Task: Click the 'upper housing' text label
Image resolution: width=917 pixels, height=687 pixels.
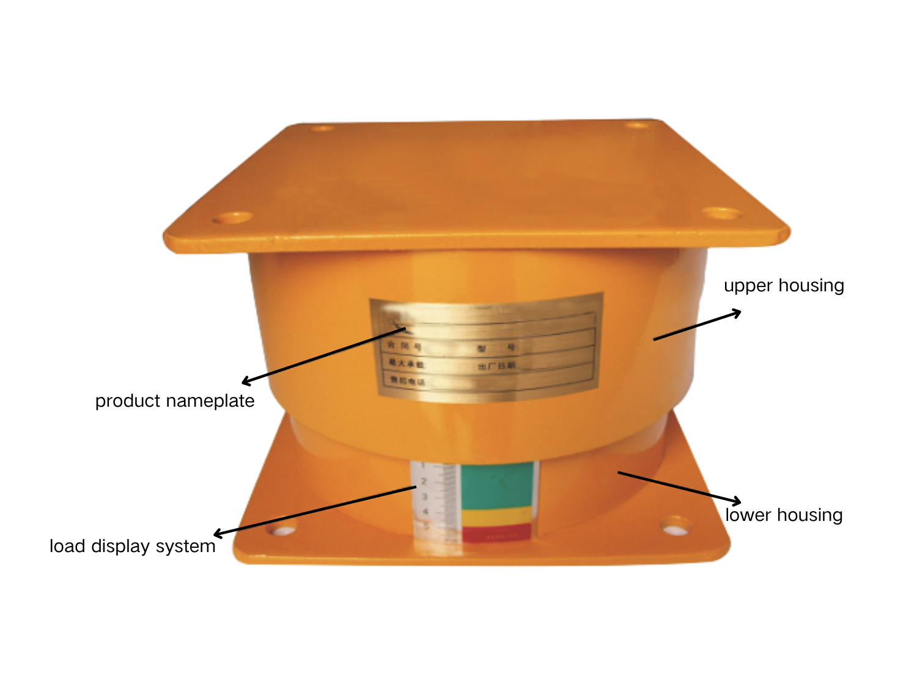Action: tap(784, 286)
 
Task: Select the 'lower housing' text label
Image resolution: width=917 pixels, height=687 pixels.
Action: tap(784, 515)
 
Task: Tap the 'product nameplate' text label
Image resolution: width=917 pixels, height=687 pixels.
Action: tap(175, 401)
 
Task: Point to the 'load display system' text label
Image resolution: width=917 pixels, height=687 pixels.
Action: tap(133, 546)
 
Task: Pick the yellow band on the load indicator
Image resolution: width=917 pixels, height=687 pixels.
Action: tap(496, 517)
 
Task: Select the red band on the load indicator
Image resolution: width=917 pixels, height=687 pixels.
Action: tap(496, 533)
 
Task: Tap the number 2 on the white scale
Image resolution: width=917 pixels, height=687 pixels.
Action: tap(424, 482)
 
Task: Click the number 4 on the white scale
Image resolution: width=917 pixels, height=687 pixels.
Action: tap(425, 512)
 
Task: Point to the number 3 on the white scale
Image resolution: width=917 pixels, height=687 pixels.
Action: tap(425, 497)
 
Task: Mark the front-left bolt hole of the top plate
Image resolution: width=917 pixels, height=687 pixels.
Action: tap(232, 218)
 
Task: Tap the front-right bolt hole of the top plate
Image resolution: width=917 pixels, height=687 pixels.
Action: tap(722, 213)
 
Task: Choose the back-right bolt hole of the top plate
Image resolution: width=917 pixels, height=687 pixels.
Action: tap(638, 125)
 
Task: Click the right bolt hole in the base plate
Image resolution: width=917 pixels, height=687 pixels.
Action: tap(674, 525)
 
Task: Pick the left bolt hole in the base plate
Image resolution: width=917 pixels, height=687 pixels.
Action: tap(282, 529)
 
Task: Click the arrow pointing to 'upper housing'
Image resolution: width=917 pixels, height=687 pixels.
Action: tap(697, 325)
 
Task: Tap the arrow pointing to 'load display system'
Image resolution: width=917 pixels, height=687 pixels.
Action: tap(315, 511)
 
